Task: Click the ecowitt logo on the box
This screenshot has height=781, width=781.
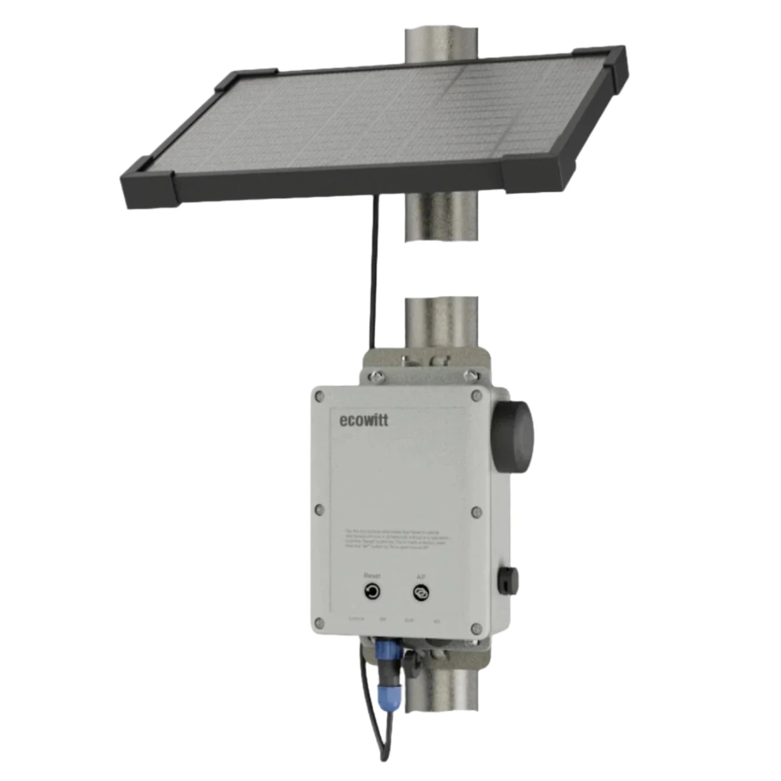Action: coord(363,420)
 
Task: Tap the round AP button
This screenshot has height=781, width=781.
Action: coord(420,592)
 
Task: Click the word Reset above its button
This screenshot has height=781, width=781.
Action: coord(372,575)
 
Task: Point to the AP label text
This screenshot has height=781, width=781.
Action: coord(421,576)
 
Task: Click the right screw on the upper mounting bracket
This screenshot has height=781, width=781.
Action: coord(472,374)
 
